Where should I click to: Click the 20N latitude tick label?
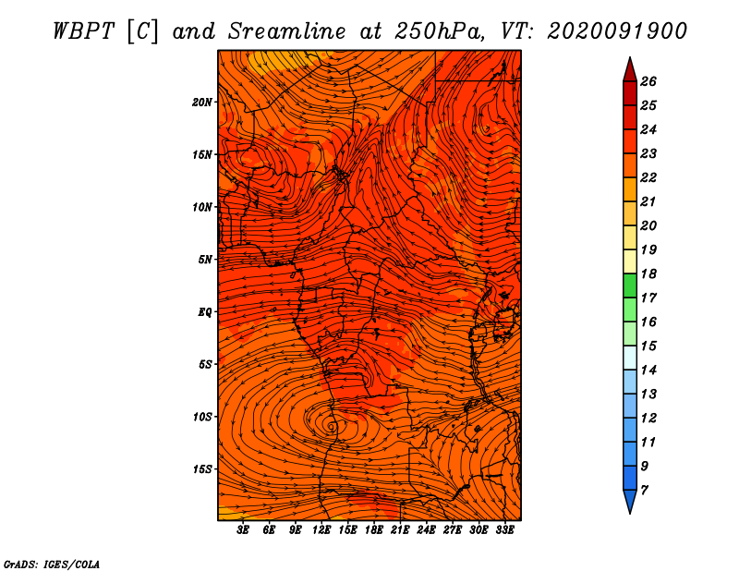pos(201,103)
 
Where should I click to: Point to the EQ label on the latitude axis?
pos(204,312)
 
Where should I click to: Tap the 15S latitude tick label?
pos(201,469)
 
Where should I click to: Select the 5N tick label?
pos(204,260)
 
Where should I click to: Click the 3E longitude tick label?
pos(243,530)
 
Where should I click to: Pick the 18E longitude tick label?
pos(374,530)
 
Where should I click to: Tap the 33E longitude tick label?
pos(504,530)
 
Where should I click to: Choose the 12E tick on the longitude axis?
pos(321,530)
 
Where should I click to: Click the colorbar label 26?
pos(648,81)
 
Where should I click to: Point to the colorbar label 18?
pos(648,273)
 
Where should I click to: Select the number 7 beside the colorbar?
pos(644,491)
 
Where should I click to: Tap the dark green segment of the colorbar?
pos(630,285)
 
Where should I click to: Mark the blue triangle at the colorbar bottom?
pos(630,500)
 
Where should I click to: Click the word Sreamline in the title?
pos(287,31)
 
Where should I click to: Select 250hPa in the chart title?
pos(440,31)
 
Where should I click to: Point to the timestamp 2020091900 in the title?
pos(617,31)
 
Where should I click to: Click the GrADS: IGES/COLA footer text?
pos(52,564)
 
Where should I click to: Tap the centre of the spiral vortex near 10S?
pos(332,427)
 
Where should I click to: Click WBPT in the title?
pos(83,31)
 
